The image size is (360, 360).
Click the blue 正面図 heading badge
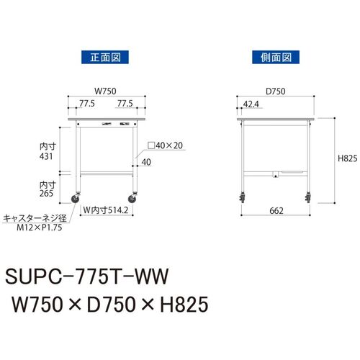pos(105,57)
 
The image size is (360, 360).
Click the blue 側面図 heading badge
pos(276,57)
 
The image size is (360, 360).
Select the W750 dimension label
pos(105,91)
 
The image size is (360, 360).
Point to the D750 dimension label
pos(276,91)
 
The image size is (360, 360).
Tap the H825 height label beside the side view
pos(347,158)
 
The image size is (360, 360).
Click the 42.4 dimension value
pos(251,104)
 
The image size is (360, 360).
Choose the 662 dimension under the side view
pos(276,211)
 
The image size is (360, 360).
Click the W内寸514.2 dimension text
pos(106,210)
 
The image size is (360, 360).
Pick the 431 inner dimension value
pos(46,156)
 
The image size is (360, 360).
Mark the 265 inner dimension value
pos(46,193)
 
